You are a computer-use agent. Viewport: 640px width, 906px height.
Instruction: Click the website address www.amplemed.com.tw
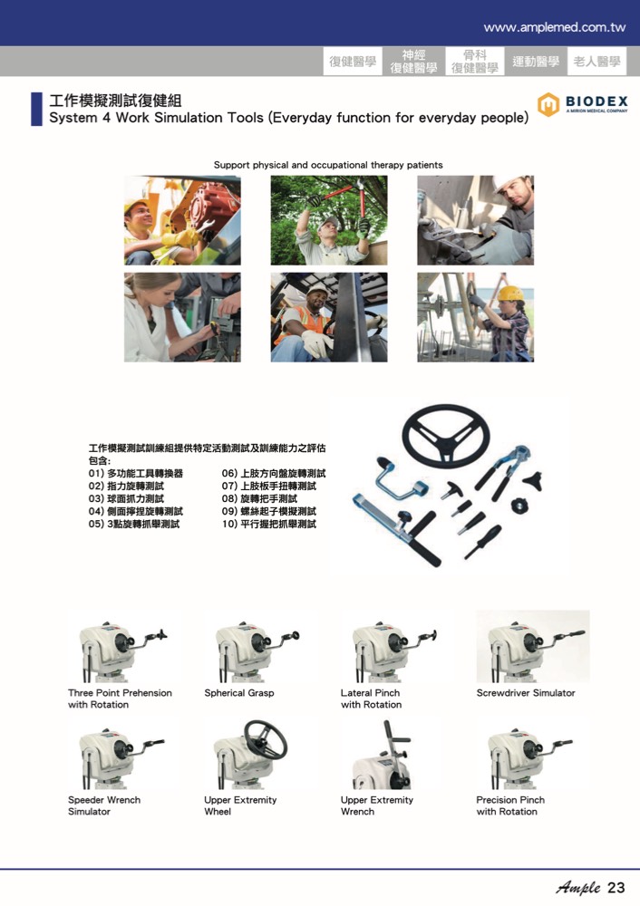[x=554, y=27]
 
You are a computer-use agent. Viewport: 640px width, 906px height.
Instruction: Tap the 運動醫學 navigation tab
[x=536, y=62]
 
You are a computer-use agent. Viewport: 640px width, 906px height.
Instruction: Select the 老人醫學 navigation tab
[x=596, y=62]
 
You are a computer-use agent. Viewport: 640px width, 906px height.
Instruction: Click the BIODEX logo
[x=582, y=104]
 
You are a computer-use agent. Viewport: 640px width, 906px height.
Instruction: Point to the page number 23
[x=616, y=888]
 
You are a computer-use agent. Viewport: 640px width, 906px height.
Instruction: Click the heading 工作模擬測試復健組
[x=116, y=101]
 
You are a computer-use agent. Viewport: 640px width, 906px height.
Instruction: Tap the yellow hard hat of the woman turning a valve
[x=510, y=294]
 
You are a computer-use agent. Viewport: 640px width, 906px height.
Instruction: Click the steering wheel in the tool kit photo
[x=446, y=434]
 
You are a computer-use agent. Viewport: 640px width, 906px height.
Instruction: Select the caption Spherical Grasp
[x=238, y=693]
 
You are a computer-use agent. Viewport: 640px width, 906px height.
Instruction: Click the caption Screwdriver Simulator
[x=526, y=693]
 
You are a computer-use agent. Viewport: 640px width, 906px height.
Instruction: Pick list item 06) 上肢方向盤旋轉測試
[x=274, y=473]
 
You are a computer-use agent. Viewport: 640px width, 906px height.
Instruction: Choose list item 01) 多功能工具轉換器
[x=135, y=473]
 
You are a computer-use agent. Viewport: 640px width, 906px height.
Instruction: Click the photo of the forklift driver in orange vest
[x=329, y=317]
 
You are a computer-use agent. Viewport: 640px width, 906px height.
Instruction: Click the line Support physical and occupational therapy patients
[x=328, y=165]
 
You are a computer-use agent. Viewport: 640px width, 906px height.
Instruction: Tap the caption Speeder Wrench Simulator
[x=104, y=805]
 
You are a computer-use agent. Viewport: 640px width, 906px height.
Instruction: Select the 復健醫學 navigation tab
[x=353, y=62]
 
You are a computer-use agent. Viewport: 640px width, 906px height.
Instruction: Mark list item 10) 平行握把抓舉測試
[x=269, y=524]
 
